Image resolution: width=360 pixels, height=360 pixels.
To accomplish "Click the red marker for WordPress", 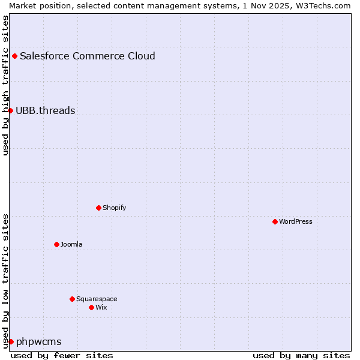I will tap(275, 221).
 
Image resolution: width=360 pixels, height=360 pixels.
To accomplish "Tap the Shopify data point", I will tap(98, 208).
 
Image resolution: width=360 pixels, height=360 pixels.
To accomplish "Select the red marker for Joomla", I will tap(56, 244).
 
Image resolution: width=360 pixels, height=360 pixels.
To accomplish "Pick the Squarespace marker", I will tap(72, 299).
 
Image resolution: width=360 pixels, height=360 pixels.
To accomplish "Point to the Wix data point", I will tap(91, 307).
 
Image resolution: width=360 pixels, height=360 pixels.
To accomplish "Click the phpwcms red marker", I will tap(11, 341).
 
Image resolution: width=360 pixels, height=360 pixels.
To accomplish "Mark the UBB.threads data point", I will tap(10, 110).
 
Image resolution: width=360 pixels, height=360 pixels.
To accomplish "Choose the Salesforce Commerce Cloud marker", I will tap(14, 56).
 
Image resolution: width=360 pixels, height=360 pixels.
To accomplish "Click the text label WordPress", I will tap(295, 221).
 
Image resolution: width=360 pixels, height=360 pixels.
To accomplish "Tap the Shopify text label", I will tap(114, 208).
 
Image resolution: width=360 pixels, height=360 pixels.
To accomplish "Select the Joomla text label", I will tap(71, 244).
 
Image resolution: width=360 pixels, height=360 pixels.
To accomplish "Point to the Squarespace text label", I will tap(97, 299).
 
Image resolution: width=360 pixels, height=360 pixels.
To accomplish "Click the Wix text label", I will tap(101, 307).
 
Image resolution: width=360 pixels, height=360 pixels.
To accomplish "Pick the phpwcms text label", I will tap(39, 341).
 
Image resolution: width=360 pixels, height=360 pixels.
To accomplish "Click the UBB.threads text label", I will tap(46, 110).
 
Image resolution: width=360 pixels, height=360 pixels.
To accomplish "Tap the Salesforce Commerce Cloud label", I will tap(88, 56).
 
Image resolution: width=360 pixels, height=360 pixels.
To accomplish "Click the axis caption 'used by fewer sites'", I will tap(62, 355).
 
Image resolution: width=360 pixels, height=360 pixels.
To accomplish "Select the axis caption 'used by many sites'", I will tap(301, 355).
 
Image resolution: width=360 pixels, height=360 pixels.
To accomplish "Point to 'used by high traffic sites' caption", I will tap(5, 85).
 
